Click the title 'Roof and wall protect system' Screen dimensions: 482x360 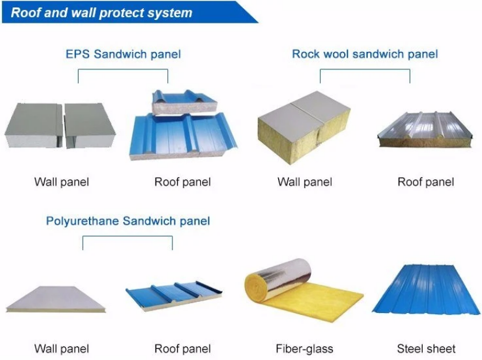click(101, 13)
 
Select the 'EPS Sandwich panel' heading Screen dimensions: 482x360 click(123, 54)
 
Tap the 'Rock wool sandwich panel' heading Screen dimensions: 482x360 click(365, 54)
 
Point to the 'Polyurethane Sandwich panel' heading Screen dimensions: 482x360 click(128, 221)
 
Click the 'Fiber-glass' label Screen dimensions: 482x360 click(304, 349)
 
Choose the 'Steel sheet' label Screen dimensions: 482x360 click(426, 349)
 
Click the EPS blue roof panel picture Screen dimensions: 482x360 click(183, 126)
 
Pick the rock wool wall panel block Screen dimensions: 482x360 click(304, 127)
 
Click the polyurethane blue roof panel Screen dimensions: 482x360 click(174, 295)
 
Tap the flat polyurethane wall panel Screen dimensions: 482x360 click(56, 299)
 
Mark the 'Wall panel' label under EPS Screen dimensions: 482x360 click(61, 182)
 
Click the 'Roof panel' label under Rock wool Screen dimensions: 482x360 click(426, 182)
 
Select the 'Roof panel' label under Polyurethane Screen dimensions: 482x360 click(182, 349)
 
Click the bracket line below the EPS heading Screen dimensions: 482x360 click(123, 69)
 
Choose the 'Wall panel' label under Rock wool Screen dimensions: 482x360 click(305, 182)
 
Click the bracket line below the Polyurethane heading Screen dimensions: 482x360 click(127, 236)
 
